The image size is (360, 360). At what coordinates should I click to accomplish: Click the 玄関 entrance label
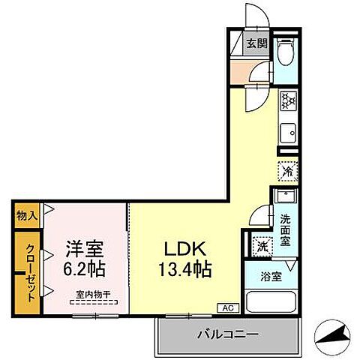click(x=257, y=43)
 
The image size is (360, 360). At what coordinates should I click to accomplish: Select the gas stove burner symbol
click(x=289, y=100)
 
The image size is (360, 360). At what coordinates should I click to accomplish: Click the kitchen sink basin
click(x=288, y=135)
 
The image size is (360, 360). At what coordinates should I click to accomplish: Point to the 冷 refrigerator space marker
click(x=288, y=171)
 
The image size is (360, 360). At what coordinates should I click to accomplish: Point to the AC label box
click(x=226, y=307)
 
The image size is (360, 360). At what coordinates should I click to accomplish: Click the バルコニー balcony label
click(x=228, y=334)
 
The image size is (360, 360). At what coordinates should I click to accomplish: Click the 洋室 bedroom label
click(x=84, y=247)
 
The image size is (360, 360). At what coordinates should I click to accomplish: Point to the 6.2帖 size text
click(x=84, y=267)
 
